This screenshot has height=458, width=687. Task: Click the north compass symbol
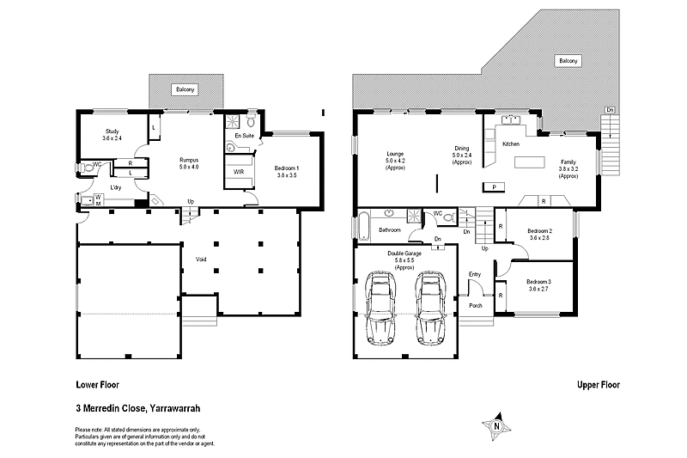[x=495, y=424]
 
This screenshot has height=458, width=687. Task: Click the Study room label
[x=112, y=134]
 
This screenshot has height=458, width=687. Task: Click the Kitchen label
[x=511, y=144]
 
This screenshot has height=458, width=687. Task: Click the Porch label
[x=475, y=306]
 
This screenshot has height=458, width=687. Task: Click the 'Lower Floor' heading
[x=97, y=386]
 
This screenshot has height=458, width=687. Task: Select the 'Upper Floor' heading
[x=598, y=386]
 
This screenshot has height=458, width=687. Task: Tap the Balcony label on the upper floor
[x=568, y=61]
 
